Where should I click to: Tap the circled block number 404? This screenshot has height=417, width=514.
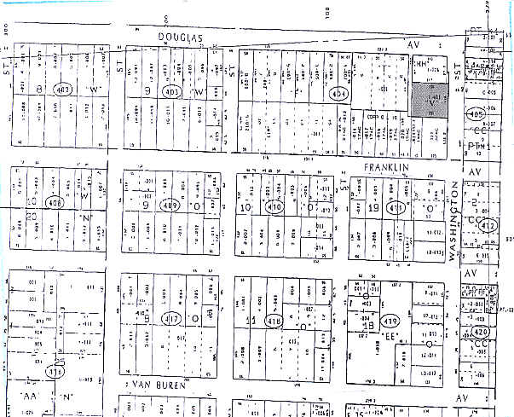pyautogui.click(x=340, y=93)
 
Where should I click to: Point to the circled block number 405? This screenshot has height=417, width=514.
pyautogui.click(x=476, y=113)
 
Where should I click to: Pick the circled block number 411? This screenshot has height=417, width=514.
pyautogui.click(x=395, y=207)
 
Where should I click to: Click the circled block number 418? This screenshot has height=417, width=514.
pyautogui.click(x=274, y=321)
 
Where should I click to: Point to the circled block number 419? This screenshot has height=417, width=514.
pyautogui.click(x=390, y=321)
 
